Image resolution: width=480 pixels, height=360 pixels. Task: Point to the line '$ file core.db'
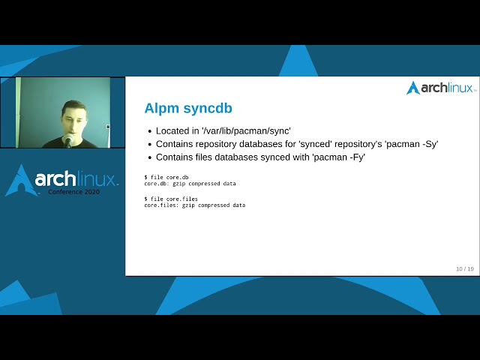coord(166,177)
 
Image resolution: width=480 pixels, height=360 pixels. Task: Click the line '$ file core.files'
coord(171,199)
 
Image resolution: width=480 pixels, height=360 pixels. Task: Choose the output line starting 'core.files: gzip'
coord(194,205)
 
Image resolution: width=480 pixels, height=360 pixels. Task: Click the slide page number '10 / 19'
coord(464,268)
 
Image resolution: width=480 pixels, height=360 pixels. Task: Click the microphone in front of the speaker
coord(68,140)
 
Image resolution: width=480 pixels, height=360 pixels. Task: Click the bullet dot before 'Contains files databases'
coord(148,157)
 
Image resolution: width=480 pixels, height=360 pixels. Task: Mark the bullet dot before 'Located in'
coord(148,130)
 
